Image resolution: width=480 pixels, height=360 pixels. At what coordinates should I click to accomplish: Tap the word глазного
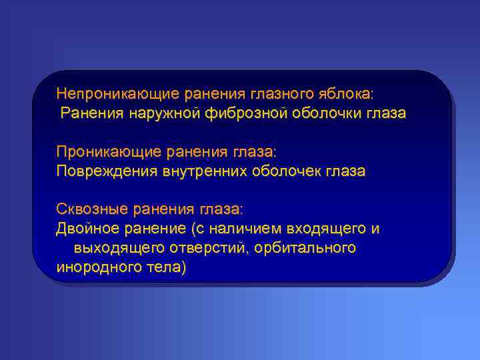pyautogui.click(x=256, y=91)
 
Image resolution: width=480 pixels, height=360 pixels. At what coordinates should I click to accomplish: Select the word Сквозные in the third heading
pyautogui.click(x=92, y=209)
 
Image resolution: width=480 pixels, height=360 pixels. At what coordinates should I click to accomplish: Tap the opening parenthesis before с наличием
pyautogui.click(x=193, y=229)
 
